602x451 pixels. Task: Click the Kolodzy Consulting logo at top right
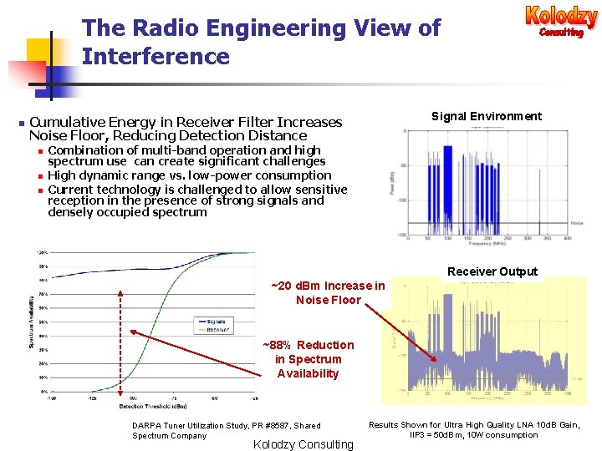[x=561, y=21]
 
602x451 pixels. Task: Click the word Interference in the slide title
[x=156, y=57]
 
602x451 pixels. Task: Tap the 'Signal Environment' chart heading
[x=486, y=116]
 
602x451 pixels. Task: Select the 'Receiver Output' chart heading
[x=492, y=271]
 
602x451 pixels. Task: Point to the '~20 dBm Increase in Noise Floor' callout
[x=328, y=293]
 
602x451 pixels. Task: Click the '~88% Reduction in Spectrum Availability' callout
[x=308, y=359]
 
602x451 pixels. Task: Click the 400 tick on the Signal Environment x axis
[x=567, y=238]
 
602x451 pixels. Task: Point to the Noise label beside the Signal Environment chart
[x=576, y=223]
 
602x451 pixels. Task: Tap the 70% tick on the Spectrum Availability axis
[x=41, y=294]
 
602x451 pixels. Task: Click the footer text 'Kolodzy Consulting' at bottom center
[x=303, y=444]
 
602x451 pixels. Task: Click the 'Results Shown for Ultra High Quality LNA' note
[x=474, y=429]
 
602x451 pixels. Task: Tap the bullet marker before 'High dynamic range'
[x=39, y=176]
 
